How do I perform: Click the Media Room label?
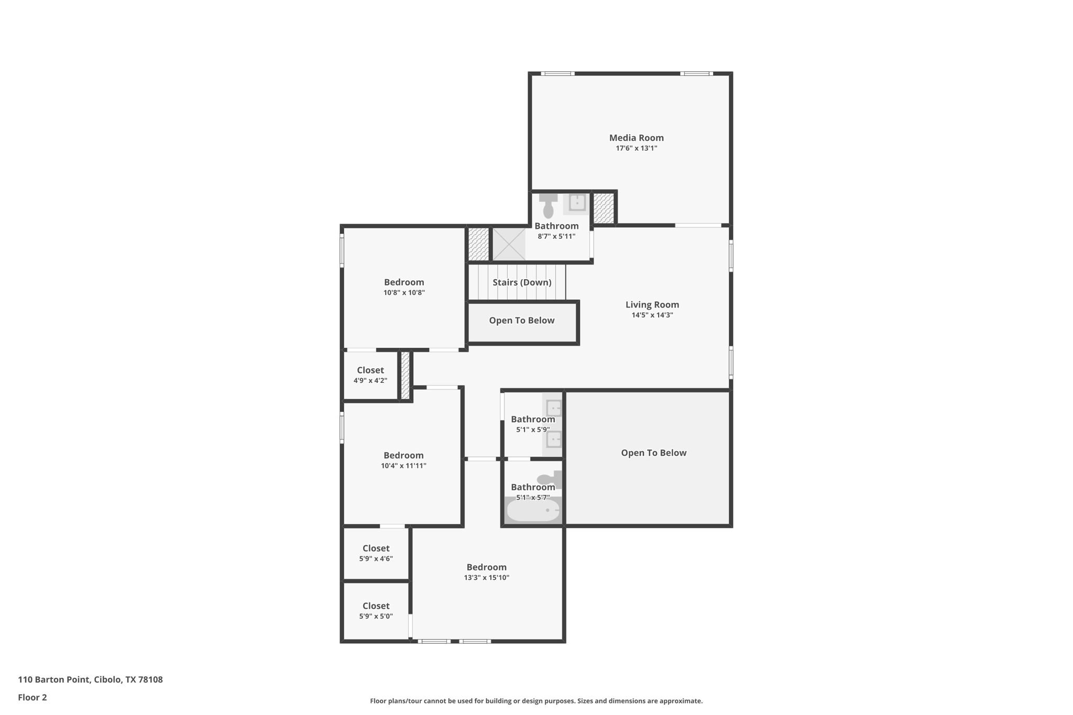(636, 138)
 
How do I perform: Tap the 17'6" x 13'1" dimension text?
(636, 148)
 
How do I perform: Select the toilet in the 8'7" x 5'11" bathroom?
(548, 206)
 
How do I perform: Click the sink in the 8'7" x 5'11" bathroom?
(577, 202)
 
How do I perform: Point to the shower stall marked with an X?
(509, 244)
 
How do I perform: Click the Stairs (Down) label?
(522, 282)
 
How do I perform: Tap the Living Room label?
(652, 304)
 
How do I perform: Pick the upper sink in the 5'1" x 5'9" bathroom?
(554, 408)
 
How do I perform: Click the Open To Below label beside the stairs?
(521, 321)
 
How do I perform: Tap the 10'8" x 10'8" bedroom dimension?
(404, 293)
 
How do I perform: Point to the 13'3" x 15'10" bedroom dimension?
(486, 578)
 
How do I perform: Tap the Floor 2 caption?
(32, 697)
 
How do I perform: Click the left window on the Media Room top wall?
(557, 74)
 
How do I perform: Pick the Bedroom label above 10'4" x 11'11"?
(403, 455)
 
